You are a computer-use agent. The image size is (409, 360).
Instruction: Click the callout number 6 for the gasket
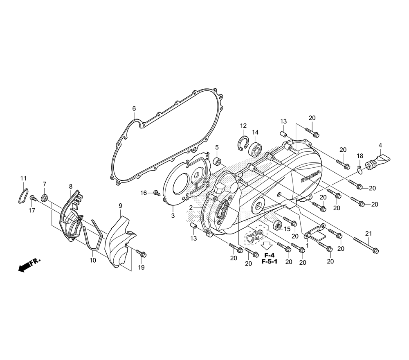(x=134, y=108)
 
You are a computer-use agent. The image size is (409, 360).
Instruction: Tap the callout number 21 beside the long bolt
(x=369, y=234)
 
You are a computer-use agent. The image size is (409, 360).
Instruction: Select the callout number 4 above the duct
(x=380, y=145)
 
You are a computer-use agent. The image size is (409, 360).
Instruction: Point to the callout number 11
(x=24, y=178)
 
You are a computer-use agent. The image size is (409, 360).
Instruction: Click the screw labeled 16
(x=156, y=192)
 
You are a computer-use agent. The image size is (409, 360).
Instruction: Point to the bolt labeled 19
(x=142, y=254)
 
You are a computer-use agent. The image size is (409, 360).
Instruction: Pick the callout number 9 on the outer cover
(x=121, y=205)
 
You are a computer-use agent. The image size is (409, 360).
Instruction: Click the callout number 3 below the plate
(x=173, y=215)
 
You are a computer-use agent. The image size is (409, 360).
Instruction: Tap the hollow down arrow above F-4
(x=267, y=245)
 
